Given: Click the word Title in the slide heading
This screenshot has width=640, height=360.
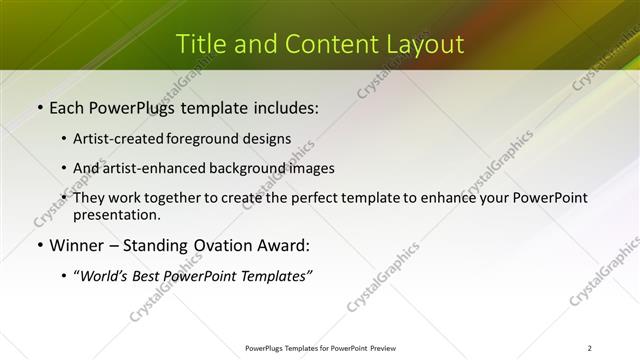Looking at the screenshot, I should [x=197, y=44].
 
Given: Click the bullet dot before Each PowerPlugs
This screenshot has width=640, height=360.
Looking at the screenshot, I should [x=39, y=105].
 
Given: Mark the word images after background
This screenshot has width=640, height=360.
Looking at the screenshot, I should [x=311, y=168].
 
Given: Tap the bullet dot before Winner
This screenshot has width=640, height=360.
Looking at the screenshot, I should [x=39, y=246].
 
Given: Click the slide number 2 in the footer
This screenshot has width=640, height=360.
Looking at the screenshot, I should [x=590, y=348].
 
